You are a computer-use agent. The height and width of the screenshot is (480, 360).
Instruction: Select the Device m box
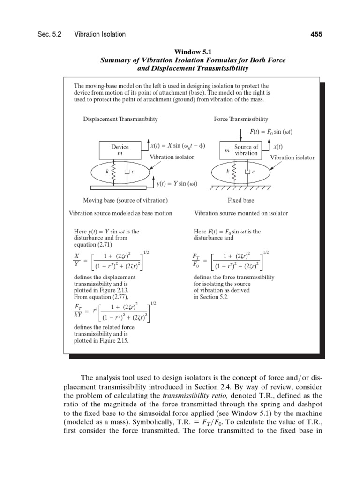click(x=120, y=150)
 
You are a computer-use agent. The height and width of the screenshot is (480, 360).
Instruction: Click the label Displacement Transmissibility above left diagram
click(x=120, y=119)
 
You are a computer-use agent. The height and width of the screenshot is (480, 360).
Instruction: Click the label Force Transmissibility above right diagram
click(x=241, y=119)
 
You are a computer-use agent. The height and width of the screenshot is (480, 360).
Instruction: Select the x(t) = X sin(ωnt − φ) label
click(x=179, y=146)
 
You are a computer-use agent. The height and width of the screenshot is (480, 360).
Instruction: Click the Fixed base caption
click(x=240, y=200)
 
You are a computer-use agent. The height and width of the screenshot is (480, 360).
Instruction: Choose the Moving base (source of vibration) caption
click(x=125, y=200)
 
